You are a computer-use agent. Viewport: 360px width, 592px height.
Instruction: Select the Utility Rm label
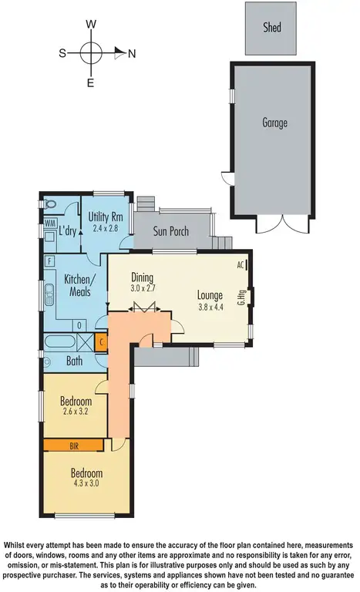click(x=106, y=217)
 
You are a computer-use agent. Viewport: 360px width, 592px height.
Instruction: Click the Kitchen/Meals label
click(x=78, y=284)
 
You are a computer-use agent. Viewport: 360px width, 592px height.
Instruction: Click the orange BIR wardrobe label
click(x=74, y=445)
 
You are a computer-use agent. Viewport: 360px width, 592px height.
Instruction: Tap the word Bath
click(x=74, y=360)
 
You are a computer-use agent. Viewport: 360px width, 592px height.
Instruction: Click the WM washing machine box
click(x=48, y=223)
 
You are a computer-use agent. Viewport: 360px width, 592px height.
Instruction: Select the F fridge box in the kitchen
click(x=49, y=261)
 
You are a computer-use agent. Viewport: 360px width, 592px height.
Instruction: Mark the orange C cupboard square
click(x=101, y=339)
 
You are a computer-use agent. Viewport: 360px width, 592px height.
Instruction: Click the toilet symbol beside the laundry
click(x=49, y=204)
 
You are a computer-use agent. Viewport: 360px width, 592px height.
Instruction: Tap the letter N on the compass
click(x=132, y=53)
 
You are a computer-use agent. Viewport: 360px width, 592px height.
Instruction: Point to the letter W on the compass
click(x=91, y=25)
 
